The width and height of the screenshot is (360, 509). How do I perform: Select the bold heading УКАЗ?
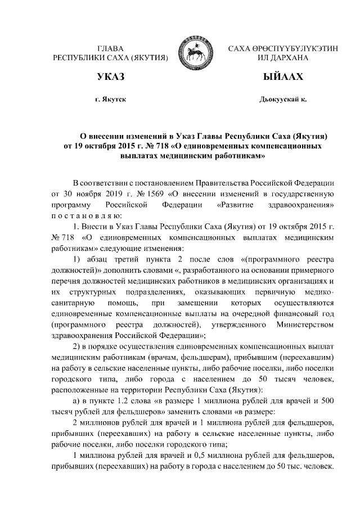point(110,76)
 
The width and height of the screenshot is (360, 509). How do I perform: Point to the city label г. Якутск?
point(110,99)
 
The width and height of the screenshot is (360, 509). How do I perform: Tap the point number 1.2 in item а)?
point(121,399)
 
